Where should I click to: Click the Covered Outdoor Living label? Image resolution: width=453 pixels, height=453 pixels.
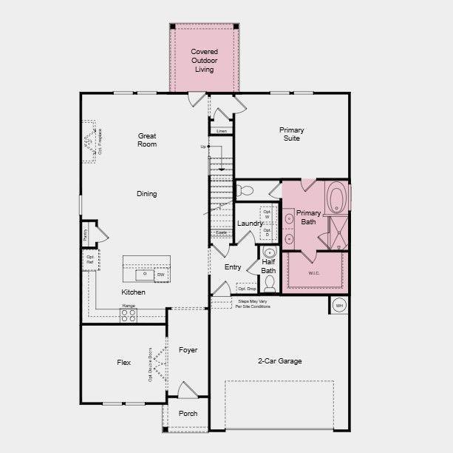point(204,61)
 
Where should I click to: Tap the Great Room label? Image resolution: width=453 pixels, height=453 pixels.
point(147,140)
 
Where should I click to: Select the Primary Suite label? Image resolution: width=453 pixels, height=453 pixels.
point(291,134)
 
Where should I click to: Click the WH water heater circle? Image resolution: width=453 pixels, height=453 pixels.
point(339,305)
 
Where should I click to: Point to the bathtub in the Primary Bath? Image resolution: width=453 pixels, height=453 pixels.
point(336,198)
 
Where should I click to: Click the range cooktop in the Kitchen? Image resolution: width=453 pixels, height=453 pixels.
point(129,315)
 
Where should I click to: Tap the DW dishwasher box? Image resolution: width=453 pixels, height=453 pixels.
point(160,275)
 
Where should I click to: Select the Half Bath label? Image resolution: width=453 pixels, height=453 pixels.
point(268,266)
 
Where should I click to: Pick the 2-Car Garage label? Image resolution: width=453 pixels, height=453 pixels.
point(279,361)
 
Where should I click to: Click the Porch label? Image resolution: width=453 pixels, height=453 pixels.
point(188,413)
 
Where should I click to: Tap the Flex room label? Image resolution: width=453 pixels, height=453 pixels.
point(123,363)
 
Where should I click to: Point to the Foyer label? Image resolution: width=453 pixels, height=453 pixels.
point(188,349)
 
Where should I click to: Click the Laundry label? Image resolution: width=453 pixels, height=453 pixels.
point(250,224)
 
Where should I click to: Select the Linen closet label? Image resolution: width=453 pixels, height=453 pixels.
point(222,131)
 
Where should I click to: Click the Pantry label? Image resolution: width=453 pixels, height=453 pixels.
point(86,235)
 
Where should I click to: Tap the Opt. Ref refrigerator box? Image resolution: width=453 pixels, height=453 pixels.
point(89,260)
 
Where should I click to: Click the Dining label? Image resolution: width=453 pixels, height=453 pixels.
point(146,194)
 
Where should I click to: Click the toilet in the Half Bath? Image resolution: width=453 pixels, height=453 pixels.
point(270,283)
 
